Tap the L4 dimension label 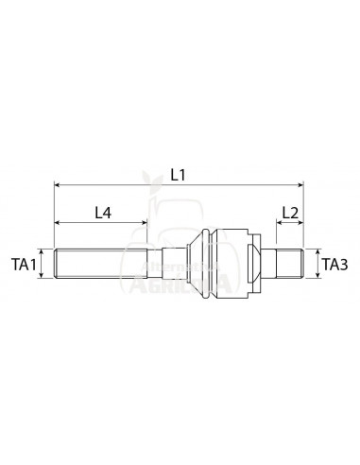105,214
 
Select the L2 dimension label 290,214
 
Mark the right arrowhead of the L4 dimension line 144,224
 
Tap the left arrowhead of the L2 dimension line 279,224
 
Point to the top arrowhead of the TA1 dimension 45,252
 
